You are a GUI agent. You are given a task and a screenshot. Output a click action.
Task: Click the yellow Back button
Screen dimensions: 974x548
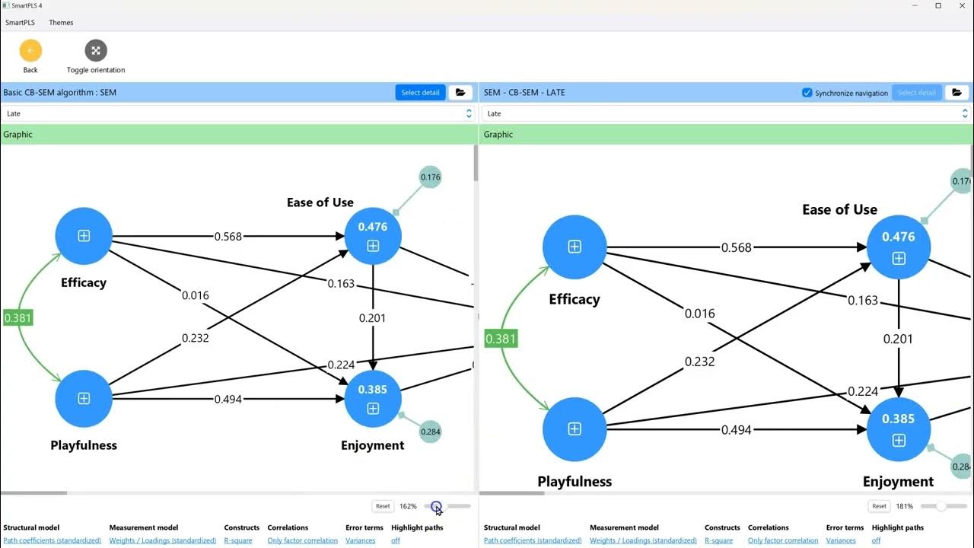(x=30, y=50)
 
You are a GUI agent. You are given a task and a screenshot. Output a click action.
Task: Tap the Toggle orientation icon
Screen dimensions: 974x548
(x=96, y=50)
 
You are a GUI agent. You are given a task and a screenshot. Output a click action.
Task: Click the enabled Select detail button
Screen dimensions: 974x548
(x=420, y=92)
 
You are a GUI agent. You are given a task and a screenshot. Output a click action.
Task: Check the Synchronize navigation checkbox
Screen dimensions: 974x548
(x=807, y=93)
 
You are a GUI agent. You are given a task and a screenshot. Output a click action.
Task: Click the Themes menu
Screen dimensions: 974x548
(x=61, y=23)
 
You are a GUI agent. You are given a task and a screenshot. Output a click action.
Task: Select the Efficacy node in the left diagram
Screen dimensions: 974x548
(x=84, y=236)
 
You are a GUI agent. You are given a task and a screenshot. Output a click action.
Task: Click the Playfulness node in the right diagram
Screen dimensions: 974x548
(x=575, y=429)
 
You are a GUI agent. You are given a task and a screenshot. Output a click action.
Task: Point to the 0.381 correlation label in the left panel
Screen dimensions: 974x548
(x=18, y=318)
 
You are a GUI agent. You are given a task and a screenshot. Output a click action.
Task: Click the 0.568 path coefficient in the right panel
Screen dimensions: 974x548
(x=736, y=247)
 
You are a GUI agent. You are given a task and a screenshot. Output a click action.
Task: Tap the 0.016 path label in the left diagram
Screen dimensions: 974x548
(x=196, y=296)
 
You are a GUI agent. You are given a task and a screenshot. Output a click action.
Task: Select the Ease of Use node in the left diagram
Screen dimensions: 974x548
(x=373, y=236)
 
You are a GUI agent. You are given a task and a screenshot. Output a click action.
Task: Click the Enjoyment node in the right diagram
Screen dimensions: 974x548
(x=899, y=429)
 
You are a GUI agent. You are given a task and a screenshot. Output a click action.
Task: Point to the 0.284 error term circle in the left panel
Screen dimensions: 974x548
(x=430, y=432)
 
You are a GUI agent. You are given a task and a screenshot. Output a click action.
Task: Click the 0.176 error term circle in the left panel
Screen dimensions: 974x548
(x=430, y=177)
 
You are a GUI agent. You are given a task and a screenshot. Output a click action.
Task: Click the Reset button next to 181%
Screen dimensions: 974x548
(x=879, y=506)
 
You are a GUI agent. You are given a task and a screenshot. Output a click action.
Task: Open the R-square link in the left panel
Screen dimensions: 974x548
(x=238, y=540)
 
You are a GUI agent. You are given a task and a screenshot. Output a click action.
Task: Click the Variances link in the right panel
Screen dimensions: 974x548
(x=841, y=540)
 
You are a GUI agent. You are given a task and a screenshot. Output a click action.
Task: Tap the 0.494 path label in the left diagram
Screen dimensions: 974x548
(x=228, y=400)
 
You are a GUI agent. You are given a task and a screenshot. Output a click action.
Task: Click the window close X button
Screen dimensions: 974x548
(x=963, y=5)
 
